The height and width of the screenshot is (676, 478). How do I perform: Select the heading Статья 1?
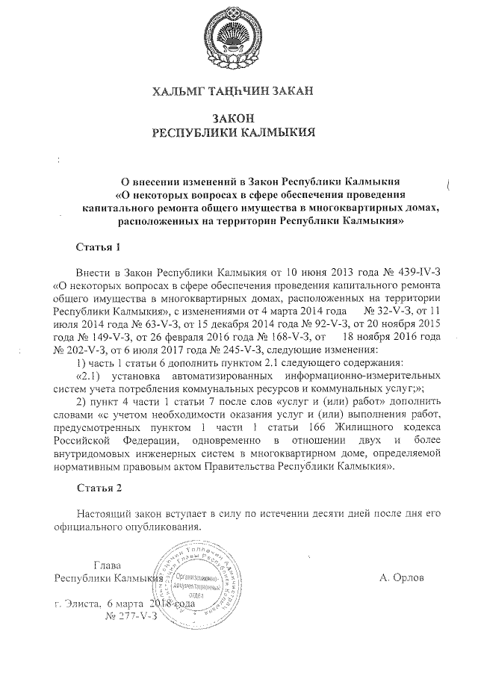[x=99, y=246]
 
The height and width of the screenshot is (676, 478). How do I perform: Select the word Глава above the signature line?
[x=108, y=564]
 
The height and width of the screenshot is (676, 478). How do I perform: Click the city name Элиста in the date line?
[x=81, y=604]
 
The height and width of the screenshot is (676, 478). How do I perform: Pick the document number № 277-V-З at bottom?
[x=132, y=616]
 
